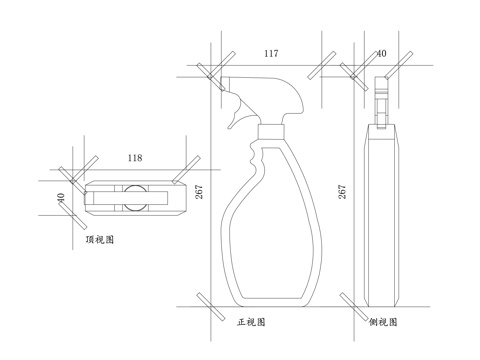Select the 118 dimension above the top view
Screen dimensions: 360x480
click(x=135, y=158)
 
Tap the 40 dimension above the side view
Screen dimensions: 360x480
click(x=381, y=53)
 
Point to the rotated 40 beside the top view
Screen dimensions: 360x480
click(x=62, y=198)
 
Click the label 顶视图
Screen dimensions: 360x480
click(x=100, y=241)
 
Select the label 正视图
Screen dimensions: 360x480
click(x=251, y=323)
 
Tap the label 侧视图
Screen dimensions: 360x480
click(x=384, y=323)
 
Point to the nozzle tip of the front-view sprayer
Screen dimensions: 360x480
click(x=225, y=84)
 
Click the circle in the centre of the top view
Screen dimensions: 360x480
click(x=135, y=198)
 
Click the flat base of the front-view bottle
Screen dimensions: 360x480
click(x=271, y=300)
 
